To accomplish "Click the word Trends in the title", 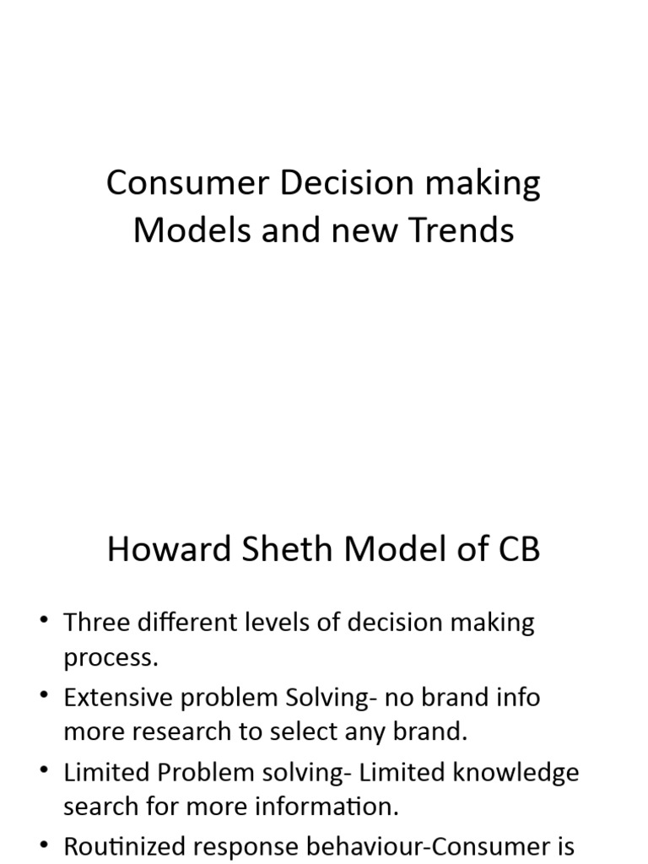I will coord(462,229).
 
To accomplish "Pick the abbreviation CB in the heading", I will coord(514,551).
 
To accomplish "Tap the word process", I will coord(111,658).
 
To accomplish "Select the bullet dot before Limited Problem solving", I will coord(44,772).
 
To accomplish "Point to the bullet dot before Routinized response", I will coord(44,846).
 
